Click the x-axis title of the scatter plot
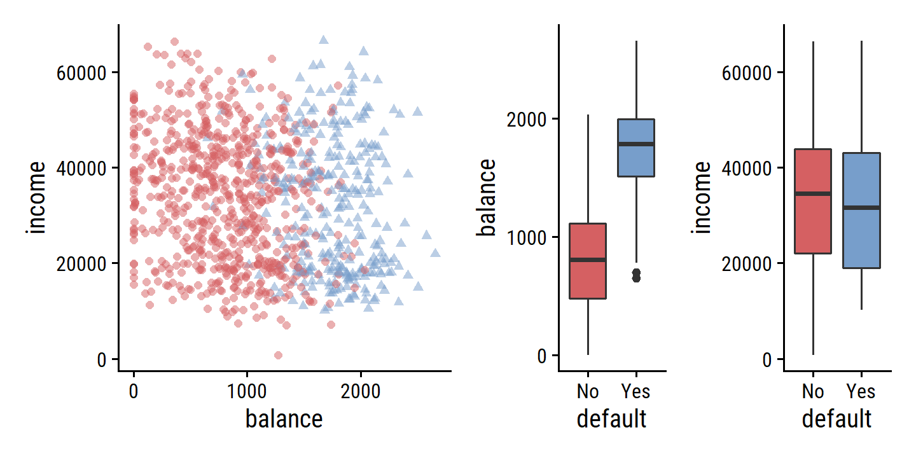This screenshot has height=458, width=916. (284, 420)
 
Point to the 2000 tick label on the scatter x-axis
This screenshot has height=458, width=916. (361, 391)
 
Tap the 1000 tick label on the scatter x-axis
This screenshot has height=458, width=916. (247, 391)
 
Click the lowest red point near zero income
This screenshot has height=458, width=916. (278, 355)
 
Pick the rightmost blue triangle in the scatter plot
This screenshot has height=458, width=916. (435, 253)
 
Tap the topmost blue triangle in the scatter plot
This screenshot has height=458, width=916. (323, 40)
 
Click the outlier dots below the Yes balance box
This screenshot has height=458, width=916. (636, 275)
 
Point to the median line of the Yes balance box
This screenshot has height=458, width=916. (637, 144)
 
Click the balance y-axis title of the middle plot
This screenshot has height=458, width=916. (487, 197)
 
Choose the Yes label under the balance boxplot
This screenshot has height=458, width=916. (636, 391)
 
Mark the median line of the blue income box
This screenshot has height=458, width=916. (862, 207)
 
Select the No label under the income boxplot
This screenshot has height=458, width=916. (813, 391)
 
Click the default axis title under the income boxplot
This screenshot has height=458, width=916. (836, 420)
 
